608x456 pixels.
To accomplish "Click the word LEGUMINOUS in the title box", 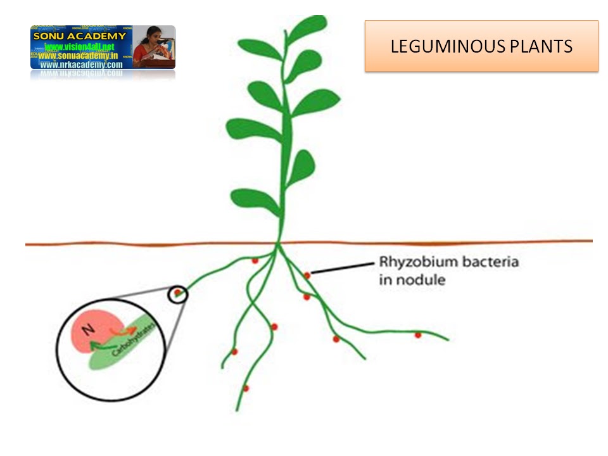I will click(443, 46).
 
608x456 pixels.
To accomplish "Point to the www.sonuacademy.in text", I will click(80, 56).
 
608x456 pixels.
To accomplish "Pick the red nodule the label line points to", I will click(307, 275).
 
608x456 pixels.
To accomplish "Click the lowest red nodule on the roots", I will click(246, 388).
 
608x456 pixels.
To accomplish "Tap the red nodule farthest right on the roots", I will click(418, 334).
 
